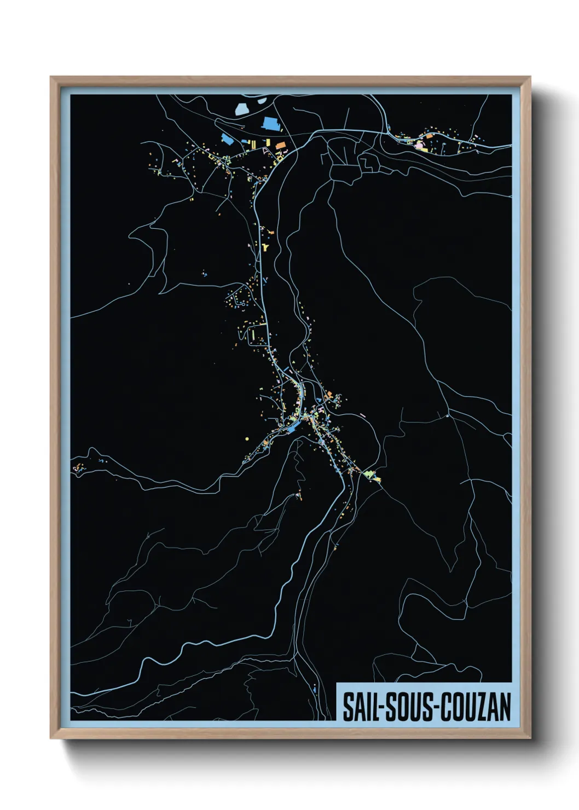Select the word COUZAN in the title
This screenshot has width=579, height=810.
pyautogui.click(x=476, y=707)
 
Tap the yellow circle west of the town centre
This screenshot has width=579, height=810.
pyautogui.click(x=247, y=438)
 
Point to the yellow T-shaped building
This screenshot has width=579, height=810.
pyautogui.click(x=266, y=247)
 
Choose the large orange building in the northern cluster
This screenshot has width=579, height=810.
pyautogui.click(x=281, y=145)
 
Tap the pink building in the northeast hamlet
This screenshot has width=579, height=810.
pyautogui.click(x=420, y=146)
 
